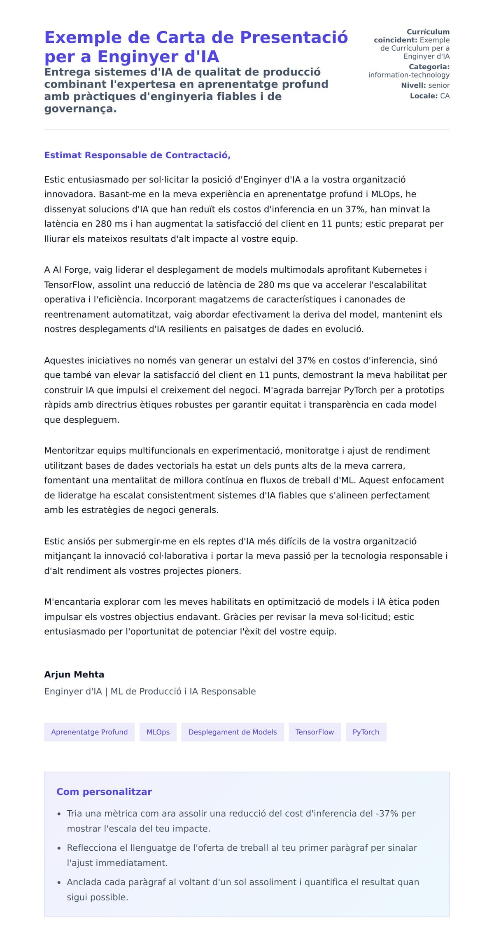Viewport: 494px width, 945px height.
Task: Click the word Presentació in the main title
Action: pyautogui.click(x=294, y=37)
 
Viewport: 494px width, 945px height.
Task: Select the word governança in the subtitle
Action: pyautogui.click(x=80, y=109)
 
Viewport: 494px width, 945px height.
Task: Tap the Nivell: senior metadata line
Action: pyautogui.click(x=425, y=86)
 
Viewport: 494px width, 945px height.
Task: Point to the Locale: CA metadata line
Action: pyautogui.click(x=430, y=96)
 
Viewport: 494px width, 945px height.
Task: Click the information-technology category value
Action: pyautogui.click(x=409, y=75)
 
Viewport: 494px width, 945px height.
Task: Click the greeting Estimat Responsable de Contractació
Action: pyautogui.click(x=137, y=155)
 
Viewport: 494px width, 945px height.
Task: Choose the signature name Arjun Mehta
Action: pyautogui.click(x=74, y=675)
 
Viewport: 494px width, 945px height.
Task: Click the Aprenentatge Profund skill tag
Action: pyautogui.click(x=89, y=732)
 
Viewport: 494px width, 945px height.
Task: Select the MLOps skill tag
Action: pyautogui.click(x=158, y=732)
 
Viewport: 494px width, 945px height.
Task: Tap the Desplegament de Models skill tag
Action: pyautogui.click(x=233, y=732)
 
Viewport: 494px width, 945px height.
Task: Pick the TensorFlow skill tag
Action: pyautogui.click(x=315, y=732)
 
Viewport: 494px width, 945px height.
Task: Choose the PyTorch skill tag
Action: pyautogui.click(x=366, y=732)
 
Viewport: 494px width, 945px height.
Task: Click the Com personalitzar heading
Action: pyautogui.click(x=104, y=792)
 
